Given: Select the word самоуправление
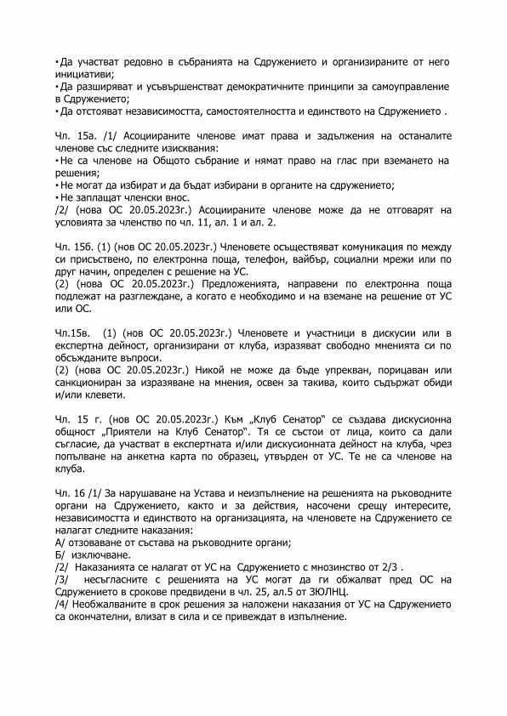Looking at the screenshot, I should click(x=402, y=87).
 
